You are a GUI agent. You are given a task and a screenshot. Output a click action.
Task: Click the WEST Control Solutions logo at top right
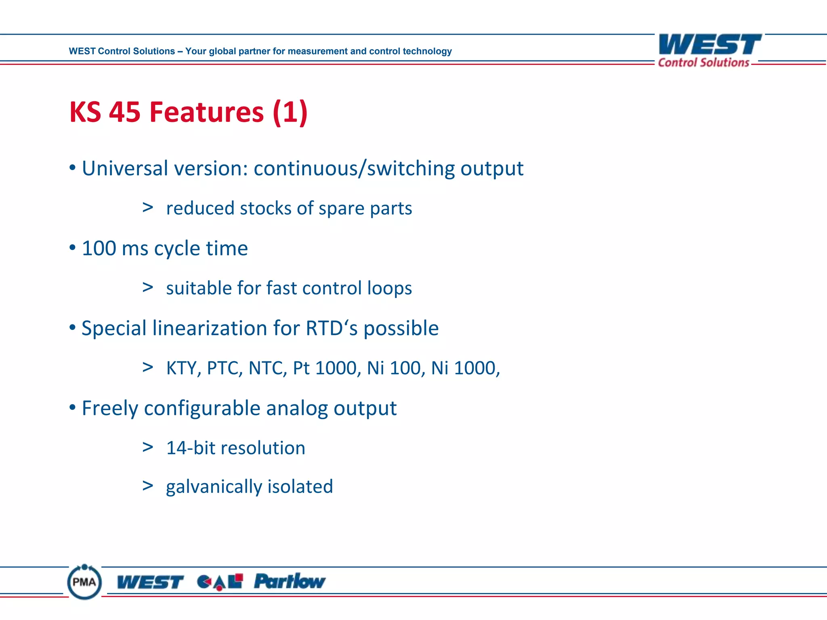click(x=709, y=50)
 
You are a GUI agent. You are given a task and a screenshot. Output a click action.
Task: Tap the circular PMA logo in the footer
click(x=84, y=582)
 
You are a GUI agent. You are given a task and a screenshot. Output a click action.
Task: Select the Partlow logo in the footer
click(x=289, y=582)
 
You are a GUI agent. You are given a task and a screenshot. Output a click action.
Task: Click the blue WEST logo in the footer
click(x=150, y=582)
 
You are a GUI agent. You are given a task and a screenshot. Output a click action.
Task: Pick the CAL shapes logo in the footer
click(x=220, y=582)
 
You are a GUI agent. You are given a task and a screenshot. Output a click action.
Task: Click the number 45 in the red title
click(x=124, y=112)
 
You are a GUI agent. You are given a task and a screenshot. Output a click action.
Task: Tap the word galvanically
click(x=214, y=487)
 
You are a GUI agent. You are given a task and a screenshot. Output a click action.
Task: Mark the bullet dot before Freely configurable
click(x=72, y=408)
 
